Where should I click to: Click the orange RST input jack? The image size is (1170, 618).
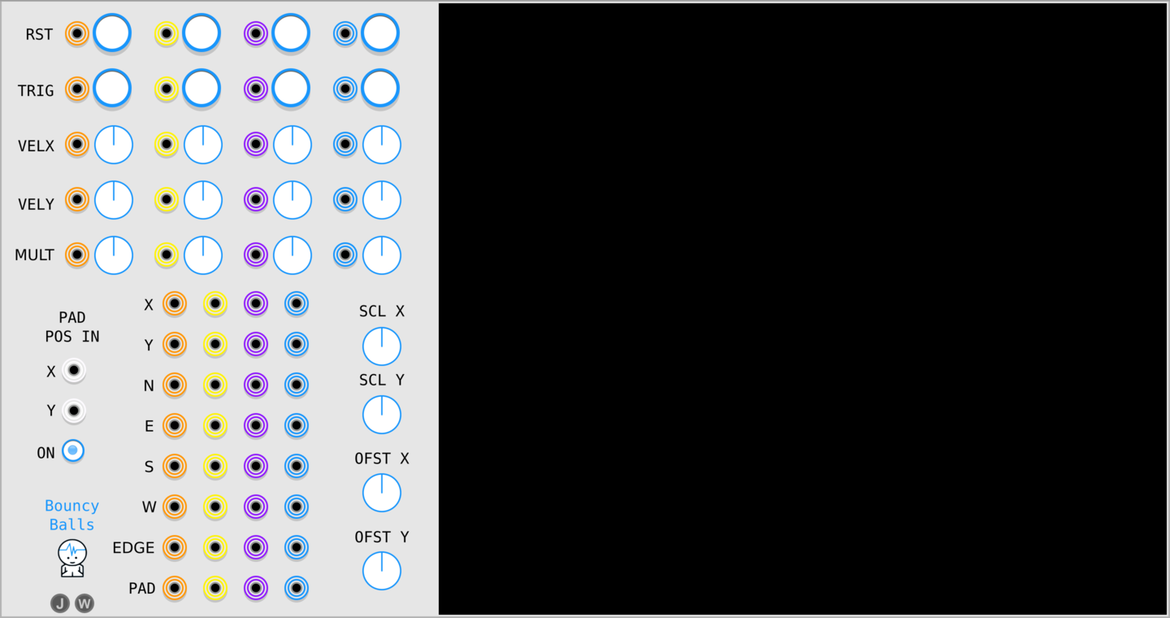77,34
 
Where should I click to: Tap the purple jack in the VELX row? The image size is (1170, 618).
256,144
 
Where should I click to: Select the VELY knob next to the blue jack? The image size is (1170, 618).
382,200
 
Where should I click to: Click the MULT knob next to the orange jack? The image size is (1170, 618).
114,255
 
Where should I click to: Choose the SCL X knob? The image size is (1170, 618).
382,346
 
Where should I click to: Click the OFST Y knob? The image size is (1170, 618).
382,571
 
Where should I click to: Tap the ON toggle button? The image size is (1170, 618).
73,450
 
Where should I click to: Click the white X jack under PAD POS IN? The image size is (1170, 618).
74,371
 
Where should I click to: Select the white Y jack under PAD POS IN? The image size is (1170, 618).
74,411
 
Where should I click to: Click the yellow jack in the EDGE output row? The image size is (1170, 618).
215,547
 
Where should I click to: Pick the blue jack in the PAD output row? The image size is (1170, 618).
297,588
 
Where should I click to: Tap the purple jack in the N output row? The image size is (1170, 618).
256,385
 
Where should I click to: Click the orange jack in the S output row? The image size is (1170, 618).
175,466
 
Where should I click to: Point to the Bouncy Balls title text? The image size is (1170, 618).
72,515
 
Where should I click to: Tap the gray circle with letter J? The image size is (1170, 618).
60,603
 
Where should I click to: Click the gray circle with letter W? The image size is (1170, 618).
84,603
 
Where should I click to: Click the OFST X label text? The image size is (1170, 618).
382,459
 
